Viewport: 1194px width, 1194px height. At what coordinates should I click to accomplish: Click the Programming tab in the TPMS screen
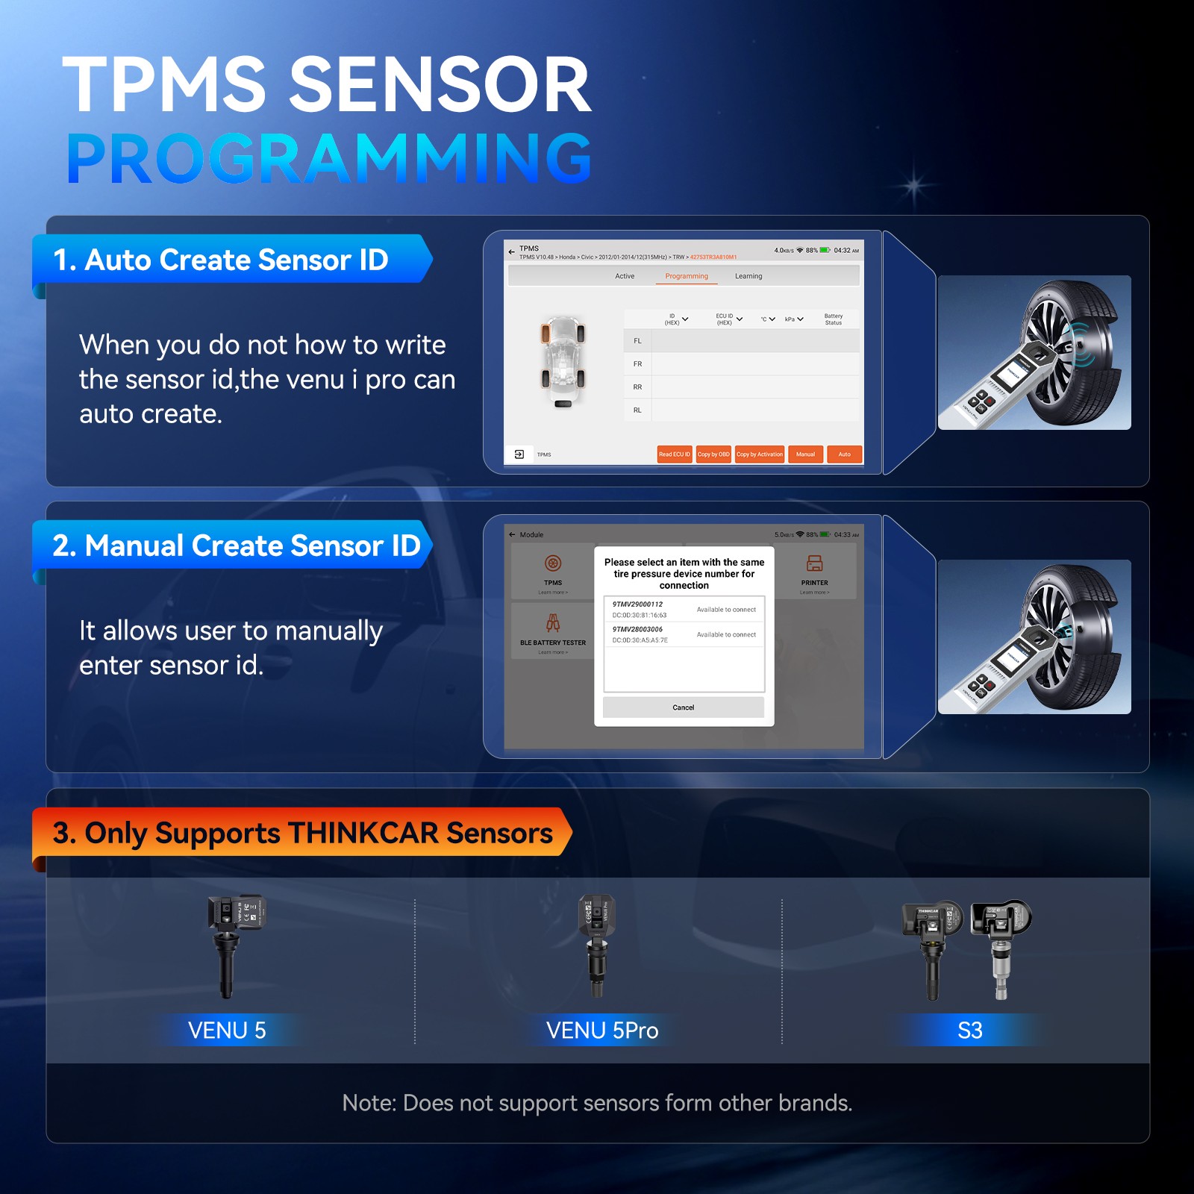pyautogui.click(x=687, y=276)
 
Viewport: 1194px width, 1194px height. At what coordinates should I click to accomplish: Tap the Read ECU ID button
pyautogui.click(x=674, y=454)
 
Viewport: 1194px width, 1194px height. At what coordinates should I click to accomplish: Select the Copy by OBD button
pyautogui.click(x=713, y=454)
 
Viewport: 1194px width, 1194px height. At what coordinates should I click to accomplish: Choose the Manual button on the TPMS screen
pyautogui.click(x=805, y=454)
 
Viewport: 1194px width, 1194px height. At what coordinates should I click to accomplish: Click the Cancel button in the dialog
pyautogui.click(x=683, y=707)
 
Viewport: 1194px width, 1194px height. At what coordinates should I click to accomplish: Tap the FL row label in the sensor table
pyautogui.click(x=637, y=341)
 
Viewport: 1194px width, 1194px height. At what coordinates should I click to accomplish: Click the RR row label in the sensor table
pyautogui.click(x=637, y=387)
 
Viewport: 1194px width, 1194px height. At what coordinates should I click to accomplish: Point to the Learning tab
pyautogui.click(x=748, y=276)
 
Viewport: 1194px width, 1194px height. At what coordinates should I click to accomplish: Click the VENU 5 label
pyautogui.click(x=227, y=1031)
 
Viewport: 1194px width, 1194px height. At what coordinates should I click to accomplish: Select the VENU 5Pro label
pyautogui.click(x=602, y=1031)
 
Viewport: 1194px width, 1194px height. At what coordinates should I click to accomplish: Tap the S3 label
pyautogui.click(x=969, y=1031)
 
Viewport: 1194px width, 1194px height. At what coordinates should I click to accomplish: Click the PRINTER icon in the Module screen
pyautogui.click(x=814, y=564)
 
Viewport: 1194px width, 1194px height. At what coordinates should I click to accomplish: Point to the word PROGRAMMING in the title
pyautogui.click(x=328, y=158)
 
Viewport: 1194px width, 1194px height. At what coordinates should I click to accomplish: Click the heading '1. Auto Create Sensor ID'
pyautogui.click(x=221, y=260)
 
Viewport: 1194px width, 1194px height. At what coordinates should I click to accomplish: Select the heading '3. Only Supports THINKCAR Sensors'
pyautogui.click(x=302, y=833)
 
